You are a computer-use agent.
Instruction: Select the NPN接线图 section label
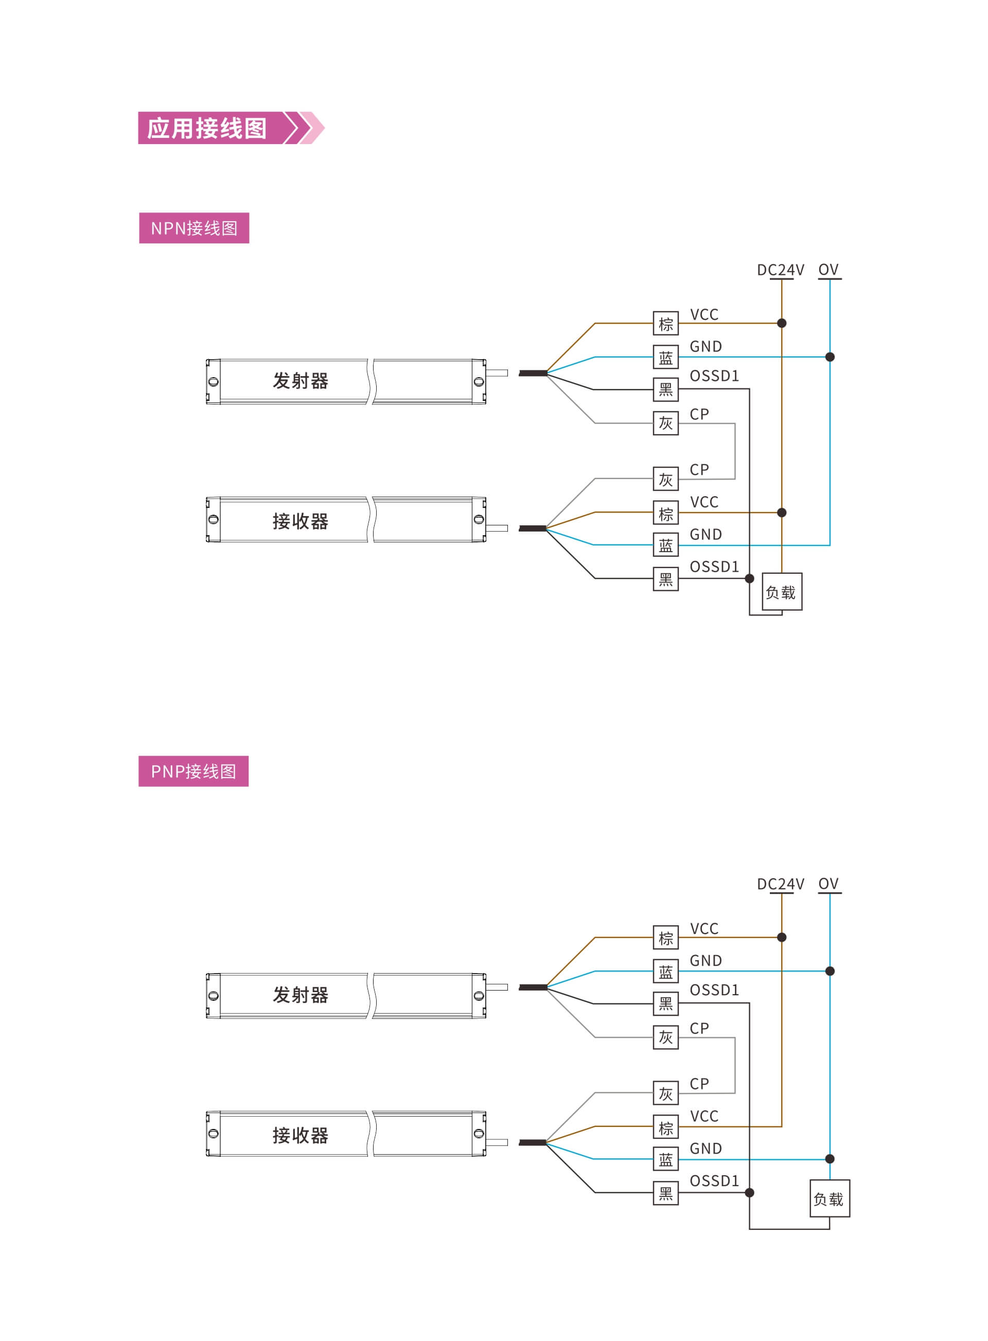[194, 228]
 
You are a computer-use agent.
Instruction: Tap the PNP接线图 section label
[193, 771]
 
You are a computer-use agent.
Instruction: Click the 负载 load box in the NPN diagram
[782, 592]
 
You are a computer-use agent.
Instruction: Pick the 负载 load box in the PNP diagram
[830, 1198]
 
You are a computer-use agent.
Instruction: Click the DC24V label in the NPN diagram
[781, 270]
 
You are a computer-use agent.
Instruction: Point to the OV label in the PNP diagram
[828, 884]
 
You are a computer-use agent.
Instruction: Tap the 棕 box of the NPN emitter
[666, 324]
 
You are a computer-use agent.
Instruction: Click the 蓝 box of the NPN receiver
[666, 545]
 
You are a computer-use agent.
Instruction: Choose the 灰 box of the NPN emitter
[666, 423]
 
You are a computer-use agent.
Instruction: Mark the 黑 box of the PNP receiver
[666, 1193]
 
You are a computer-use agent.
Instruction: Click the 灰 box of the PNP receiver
[666, 1093]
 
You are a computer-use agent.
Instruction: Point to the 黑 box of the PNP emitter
[666, 1003]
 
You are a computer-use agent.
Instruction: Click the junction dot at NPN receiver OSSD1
[749, 578]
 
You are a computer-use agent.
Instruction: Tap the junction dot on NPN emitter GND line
[830, 357]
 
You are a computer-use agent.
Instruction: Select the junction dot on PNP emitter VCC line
[782, 937]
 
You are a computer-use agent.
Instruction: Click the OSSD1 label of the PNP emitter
[714, 990]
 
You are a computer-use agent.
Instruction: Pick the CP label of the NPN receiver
[699, 469]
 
